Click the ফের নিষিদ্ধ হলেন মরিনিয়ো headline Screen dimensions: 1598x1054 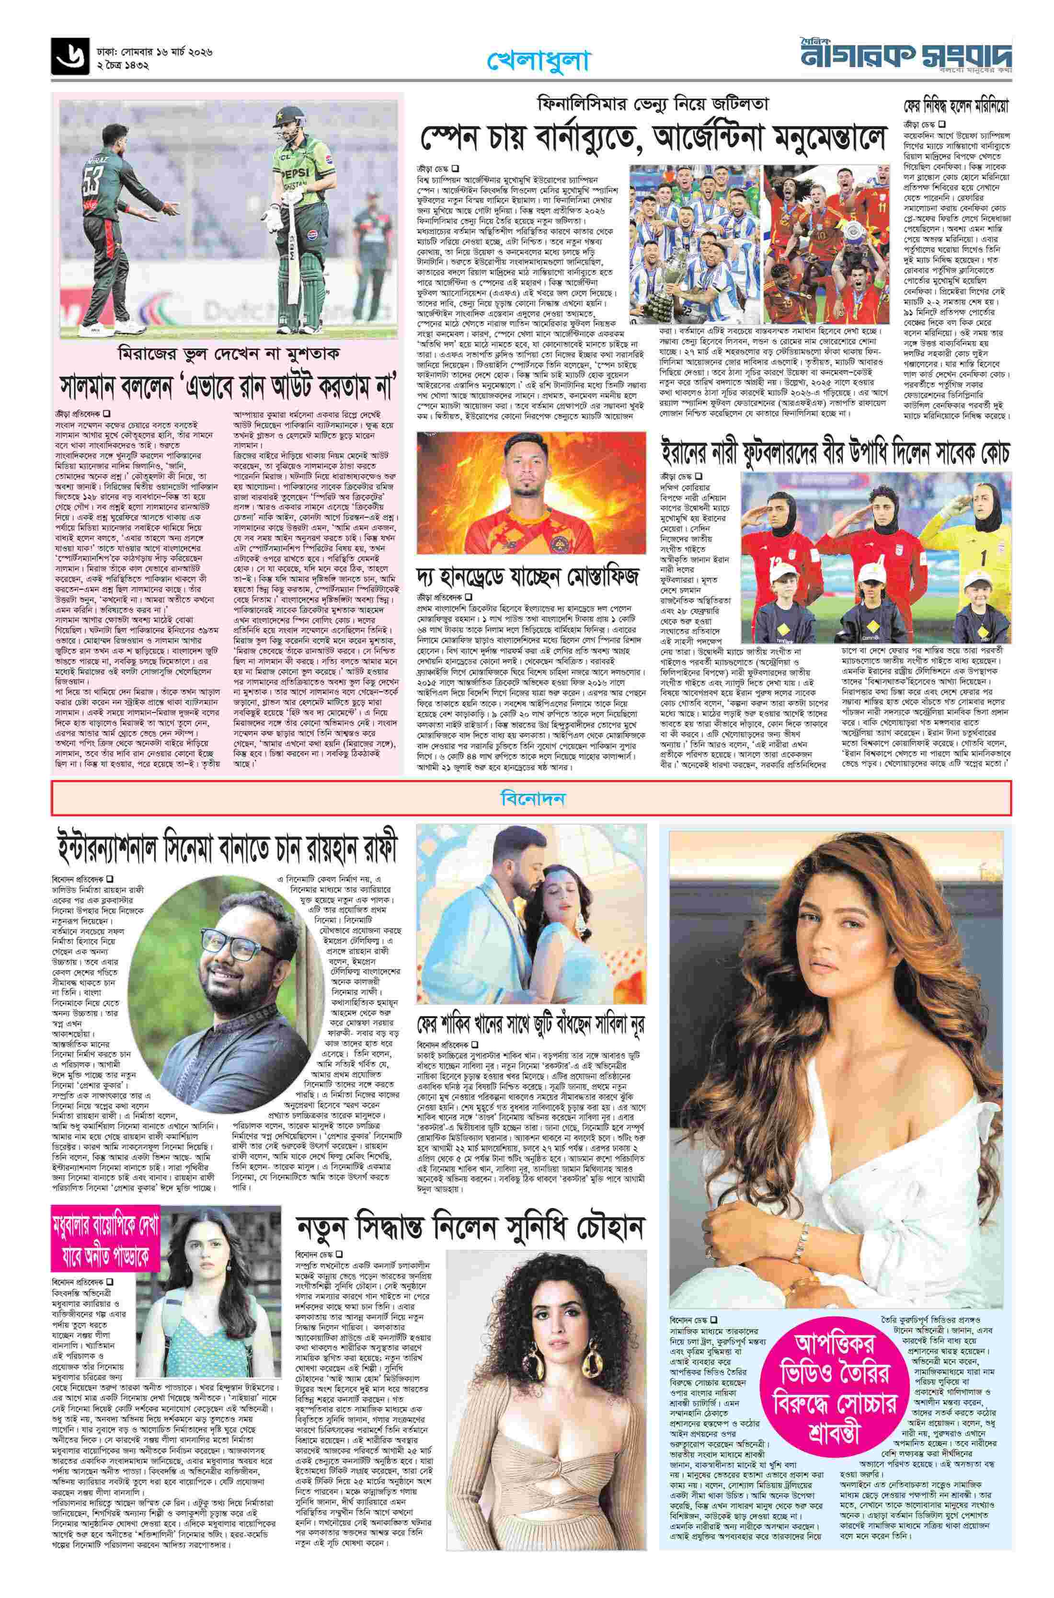pyautogui.click(x=957, y=107)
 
